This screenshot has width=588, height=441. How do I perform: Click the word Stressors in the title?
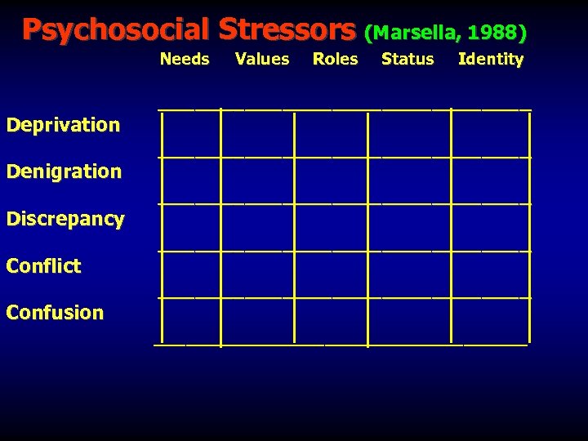(x=287, y=29)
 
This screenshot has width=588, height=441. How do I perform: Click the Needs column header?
(x=185, y=59)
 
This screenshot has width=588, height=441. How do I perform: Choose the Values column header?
(x=262, y=59)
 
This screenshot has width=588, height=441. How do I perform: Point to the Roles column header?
(x=336, y=59)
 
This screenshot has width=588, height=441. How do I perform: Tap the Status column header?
(x=408, y=59)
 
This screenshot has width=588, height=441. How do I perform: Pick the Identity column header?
(x=491, y=59)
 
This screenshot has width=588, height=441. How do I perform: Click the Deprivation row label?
(x=63, y=125)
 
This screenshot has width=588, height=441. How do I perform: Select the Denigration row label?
(x=64, y=171)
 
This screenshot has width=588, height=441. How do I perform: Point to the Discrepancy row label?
(x=65, y=219)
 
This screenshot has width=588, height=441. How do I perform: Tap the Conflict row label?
(x=43, y=266)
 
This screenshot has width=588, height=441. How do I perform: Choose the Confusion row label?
(x=55, y=313)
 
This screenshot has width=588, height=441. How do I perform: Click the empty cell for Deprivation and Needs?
(x=191, y=131)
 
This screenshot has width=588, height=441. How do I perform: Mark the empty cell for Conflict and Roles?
(x=331, y=274)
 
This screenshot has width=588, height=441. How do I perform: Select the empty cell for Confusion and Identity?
(x=490, y=321)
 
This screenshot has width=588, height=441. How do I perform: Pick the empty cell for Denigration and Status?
(x=409, y=180)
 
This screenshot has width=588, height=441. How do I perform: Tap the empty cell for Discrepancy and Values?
(x=257, y=227)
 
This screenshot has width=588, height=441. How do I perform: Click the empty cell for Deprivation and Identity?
(x=490, y=131)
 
